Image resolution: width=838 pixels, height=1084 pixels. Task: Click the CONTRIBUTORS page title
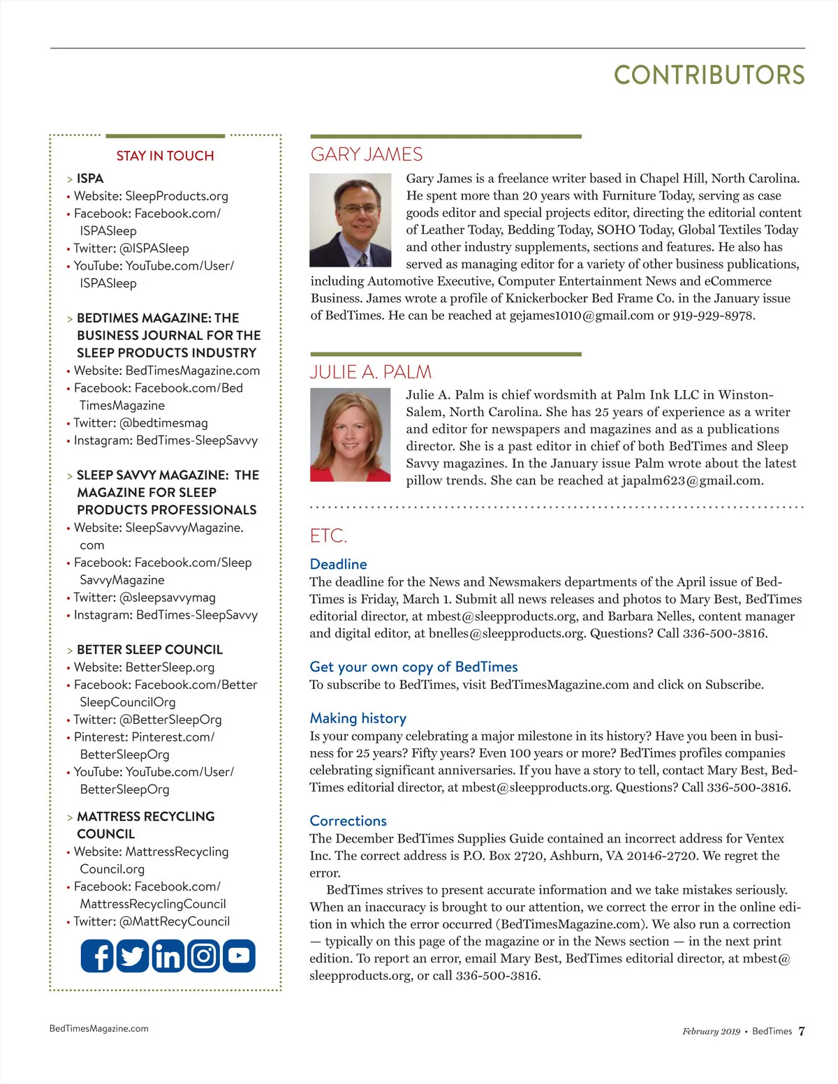point(709,75)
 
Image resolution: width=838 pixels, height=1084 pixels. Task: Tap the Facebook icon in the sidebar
point(97,956)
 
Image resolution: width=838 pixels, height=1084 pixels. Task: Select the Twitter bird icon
point(132,956)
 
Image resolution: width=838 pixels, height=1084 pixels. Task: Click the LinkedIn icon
point(168,956)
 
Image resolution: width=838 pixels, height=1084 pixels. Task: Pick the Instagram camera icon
point(203,956)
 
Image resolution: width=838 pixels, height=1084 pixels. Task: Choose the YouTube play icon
point(239,956)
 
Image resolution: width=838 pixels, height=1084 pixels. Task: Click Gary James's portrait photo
point(350,221)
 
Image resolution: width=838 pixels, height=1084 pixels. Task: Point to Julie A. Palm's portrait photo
point(350,435)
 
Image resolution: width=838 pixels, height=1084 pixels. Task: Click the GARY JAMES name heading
point(367,154)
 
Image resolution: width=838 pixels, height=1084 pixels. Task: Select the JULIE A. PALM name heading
point(371,372)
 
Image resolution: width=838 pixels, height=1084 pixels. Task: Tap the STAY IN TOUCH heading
point(165,156)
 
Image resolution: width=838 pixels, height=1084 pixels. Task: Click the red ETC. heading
point(328,536)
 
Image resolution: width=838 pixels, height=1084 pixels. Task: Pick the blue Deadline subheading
point(338,564)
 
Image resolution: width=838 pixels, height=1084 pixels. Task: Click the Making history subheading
point(358,718)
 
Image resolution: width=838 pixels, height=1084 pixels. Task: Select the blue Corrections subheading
point(348,821)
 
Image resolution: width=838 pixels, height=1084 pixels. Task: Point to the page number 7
point(801,1031)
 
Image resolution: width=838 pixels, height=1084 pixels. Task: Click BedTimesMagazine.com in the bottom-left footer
point(99,1028)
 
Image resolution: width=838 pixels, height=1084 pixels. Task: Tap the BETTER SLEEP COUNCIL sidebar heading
point(149,650)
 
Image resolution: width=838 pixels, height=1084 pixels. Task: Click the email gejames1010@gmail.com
point(582,315)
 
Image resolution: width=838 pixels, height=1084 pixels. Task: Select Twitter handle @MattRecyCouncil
point(175,921)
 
